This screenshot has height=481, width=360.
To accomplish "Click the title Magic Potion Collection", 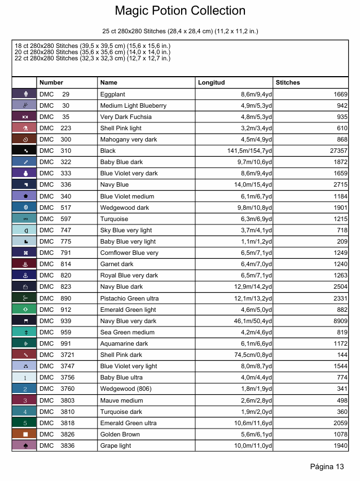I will click(x=180, y=11).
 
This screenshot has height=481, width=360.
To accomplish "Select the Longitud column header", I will click(x=211, y=82).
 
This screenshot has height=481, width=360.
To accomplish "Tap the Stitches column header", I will click(x=288, y=82).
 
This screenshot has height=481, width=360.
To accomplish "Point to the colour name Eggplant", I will click(x=113, y=94).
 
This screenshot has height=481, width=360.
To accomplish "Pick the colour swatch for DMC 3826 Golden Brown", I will click(x=24, y=434).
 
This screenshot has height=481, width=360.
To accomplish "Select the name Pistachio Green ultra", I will click(x=129, y=298).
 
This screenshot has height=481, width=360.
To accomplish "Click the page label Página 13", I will click(x=327, y=466).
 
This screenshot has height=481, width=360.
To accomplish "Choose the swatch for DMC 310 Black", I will click(x=24, y=151).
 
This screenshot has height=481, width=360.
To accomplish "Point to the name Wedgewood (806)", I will click(x=126, y=389).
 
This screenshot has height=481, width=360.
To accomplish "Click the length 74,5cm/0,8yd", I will click(x=248, y=355).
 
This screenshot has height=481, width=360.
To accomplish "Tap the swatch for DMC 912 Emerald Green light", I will click(x=24, y=310).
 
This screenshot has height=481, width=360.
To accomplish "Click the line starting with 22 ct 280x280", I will click(x=93, y=58).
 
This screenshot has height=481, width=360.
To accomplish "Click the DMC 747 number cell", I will click(x=55, y=230).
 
